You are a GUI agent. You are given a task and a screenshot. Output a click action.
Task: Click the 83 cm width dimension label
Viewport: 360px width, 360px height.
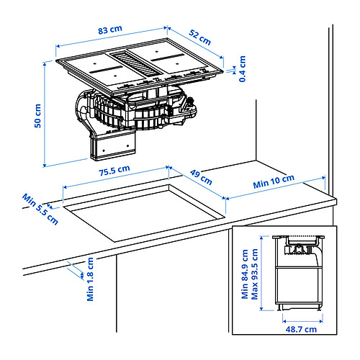(110, 30)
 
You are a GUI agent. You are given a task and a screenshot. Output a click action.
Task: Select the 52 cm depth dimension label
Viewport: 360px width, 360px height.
(199, 37)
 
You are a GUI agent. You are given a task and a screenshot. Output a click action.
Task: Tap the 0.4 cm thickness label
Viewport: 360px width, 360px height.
(243, 69)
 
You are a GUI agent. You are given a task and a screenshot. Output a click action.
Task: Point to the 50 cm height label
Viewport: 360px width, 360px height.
(37, 116)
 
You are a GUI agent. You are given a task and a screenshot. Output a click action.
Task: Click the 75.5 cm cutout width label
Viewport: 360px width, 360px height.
(114, 171)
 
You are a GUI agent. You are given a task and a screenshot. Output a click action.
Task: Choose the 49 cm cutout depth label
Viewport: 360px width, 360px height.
(201, 177)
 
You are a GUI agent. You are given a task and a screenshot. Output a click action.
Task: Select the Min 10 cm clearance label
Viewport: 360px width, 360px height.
(274, 181)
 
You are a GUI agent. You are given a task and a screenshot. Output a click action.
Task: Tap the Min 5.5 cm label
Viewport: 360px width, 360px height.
(40, 210)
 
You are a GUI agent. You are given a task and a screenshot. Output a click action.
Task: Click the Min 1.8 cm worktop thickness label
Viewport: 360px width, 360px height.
(90, 279)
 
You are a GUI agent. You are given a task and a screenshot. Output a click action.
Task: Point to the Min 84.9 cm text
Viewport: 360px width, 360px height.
(245, 274)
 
